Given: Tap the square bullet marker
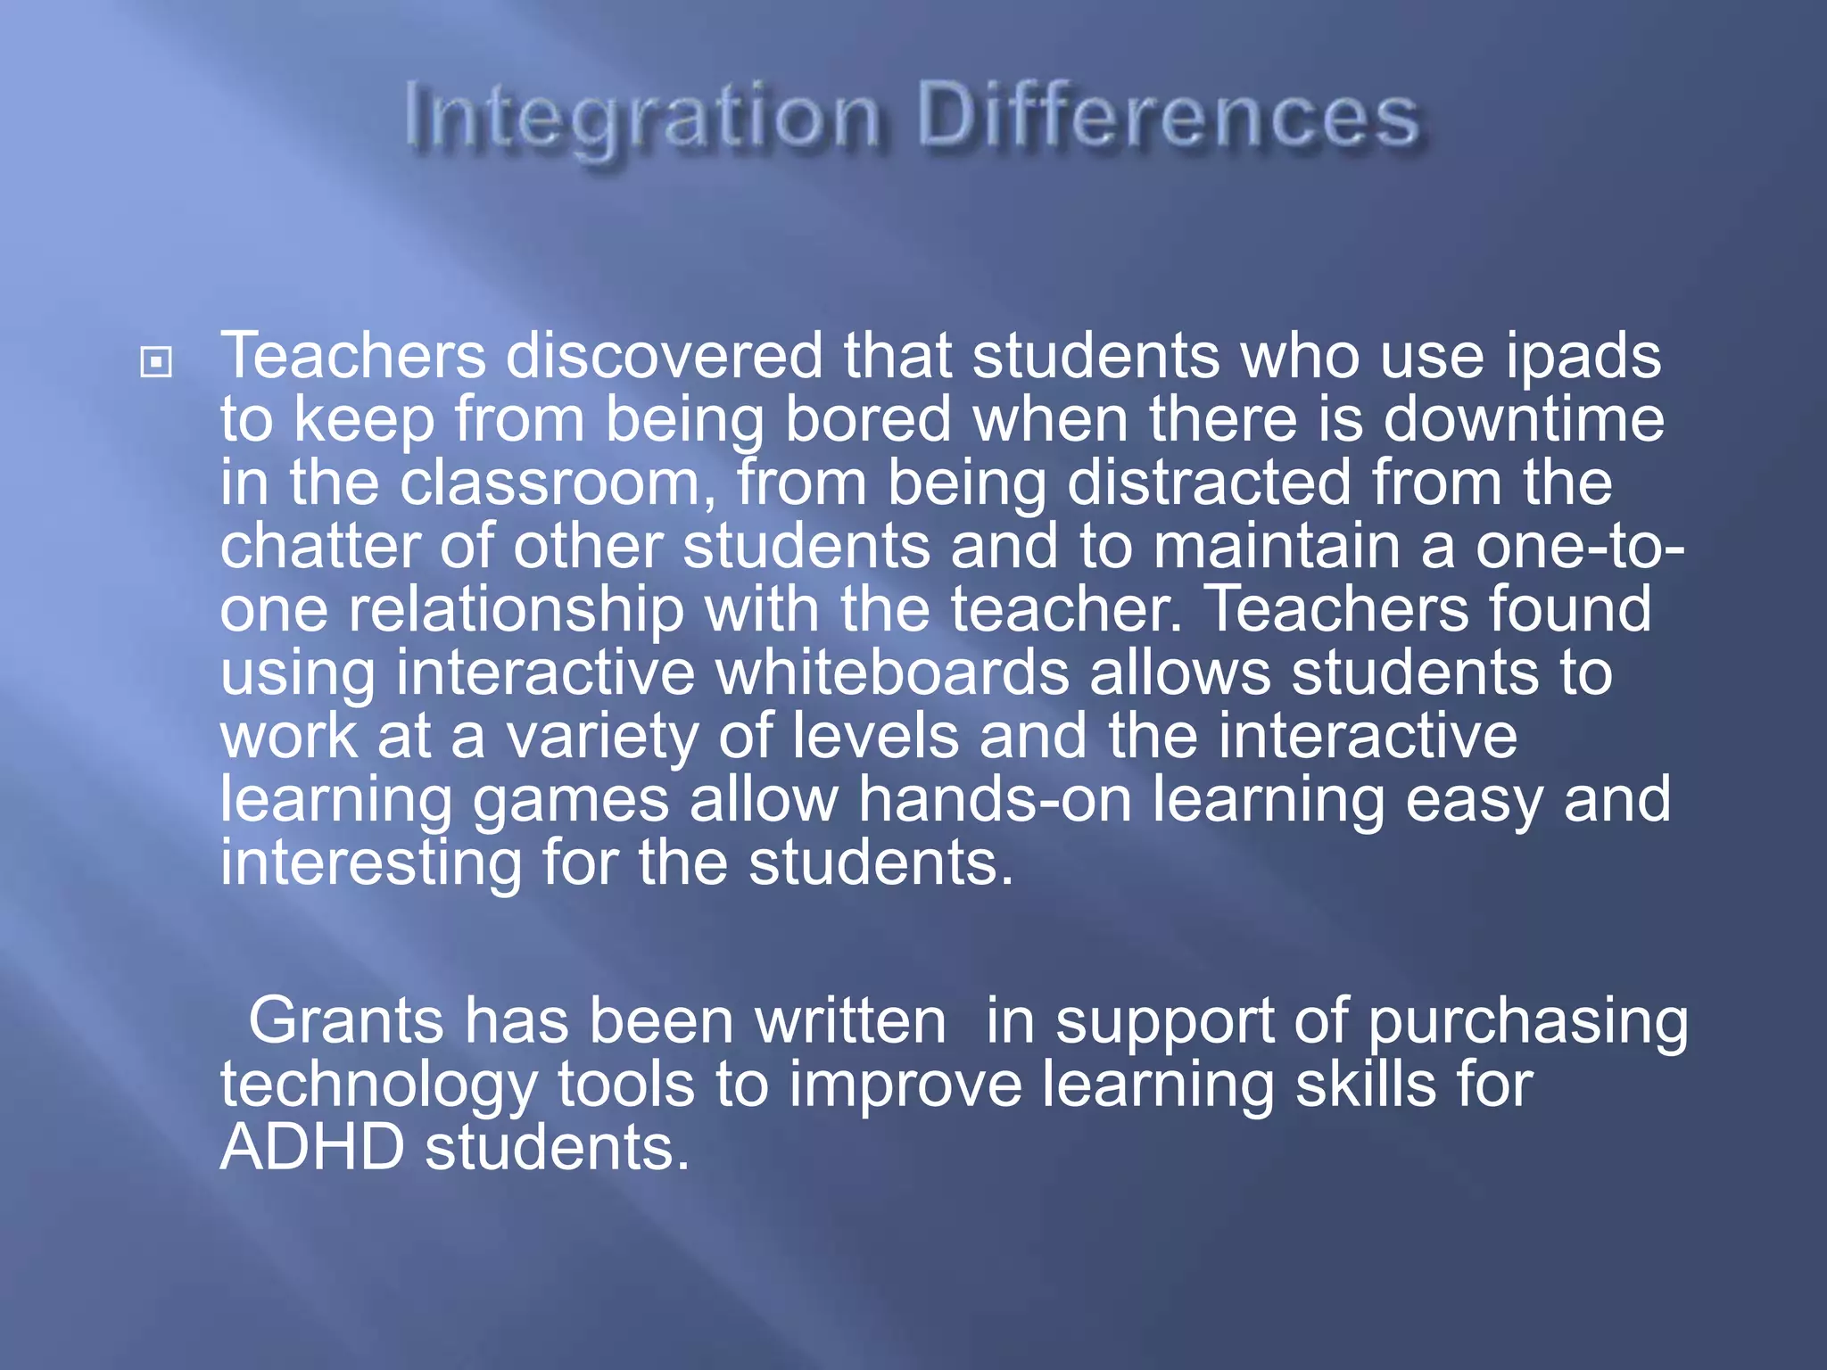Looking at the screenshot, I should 156,362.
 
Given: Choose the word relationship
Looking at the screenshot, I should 516,610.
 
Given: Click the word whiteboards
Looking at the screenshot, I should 892,673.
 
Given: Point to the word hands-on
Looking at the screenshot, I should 995,800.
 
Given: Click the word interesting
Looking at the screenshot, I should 371,863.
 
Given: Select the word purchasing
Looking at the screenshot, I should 1527,1022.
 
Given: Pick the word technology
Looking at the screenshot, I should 379,1085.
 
